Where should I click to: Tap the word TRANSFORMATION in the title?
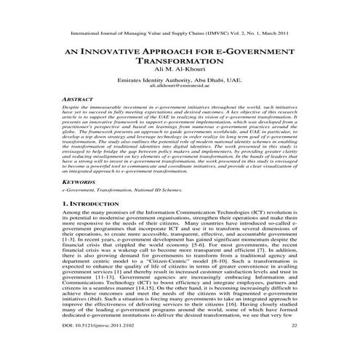(180, 65)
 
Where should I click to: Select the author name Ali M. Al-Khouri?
(180, 75)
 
